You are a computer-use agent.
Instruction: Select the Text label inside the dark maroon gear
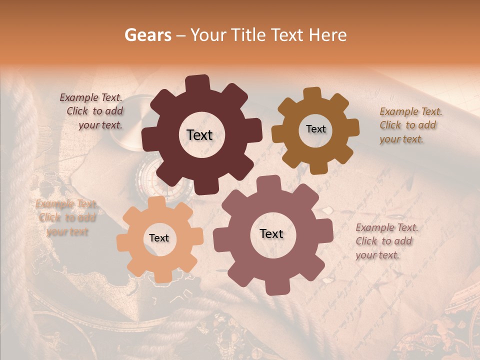pyautogui.click(x=199, y=135)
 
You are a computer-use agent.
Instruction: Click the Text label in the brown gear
pyautogui.click(x=315, y=129)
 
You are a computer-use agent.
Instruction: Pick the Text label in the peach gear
pyautogui.click(x=159, y=238)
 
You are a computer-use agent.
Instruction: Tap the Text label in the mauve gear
pyautogui.click(x=271, y=233)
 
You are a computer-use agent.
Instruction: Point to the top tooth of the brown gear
pyautogui.click(x=312, y=93)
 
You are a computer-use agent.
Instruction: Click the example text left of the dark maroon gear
pyautogui.click(x=94, y=111)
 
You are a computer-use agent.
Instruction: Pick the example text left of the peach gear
pyautogui.click(x=66, y=218)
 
